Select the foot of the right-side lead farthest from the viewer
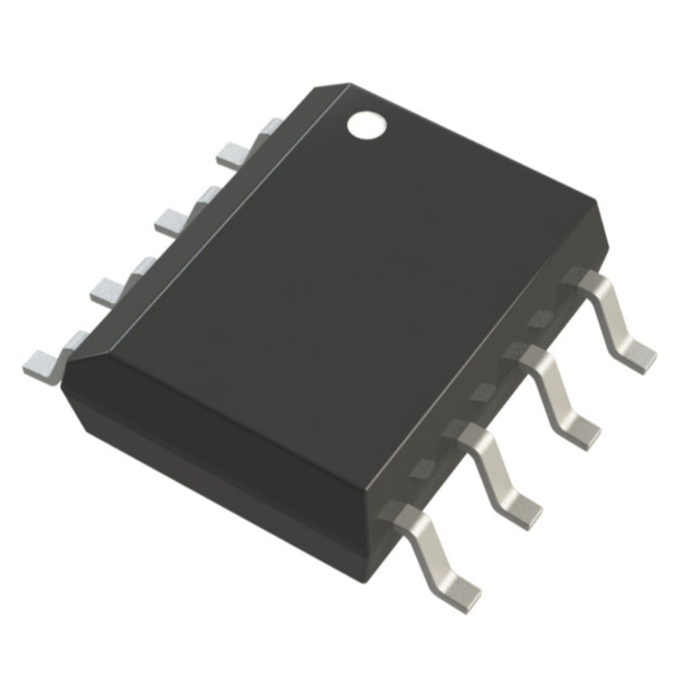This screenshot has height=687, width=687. click(639, 354)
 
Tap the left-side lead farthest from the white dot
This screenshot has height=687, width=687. click(43, 360)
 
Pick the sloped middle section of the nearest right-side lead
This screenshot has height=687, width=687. click(434, 551)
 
